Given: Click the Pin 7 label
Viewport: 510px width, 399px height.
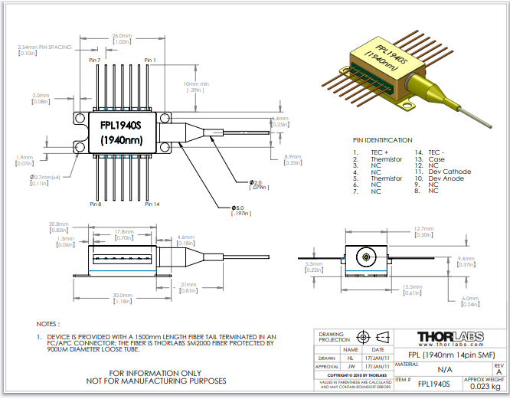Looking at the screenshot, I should pyautogui.click(x=96, y=60).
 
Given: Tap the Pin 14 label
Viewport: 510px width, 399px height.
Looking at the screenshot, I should pyautogui.click(x=152, y=204).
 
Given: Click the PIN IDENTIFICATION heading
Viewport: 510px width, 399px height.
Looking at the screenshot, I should pyautogui.click(x=382, y=140).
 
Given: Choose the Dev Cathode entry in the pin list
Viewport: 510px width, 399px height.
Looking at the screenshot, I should pyautogui.click(x=450, y=172).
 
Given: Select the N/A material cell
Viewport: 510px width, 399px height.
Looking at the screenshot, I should pyautogui.click(x=443, y=368).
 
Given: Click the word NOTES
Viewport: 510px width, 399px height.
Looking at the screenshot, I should pyautogui.click(x=47, y=324).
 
